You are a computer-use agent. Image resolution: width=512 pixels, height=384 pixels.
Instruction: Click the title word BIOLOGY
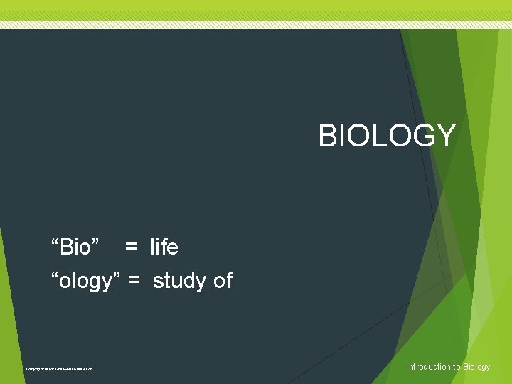tap(387, 135)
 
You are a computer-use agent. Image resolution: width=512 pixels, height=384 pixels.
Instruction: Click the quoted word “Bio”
tap(75, 247)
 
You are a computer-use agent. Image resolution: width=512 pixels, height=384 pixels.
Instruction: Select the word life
tap(164, 247)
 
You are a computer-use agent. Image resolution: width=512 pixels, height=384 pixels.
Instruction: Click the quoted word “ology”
tap(85, 281)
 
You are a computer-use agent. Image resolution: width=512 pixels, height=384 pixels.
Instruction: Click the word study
tap(181, 282)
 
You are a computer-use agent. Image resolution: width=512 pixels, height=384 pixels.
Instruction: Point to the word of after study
tap(223, 281)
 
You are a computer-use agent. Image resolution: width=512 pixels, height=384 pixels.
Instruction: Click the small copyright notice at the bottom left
tap(59, 368)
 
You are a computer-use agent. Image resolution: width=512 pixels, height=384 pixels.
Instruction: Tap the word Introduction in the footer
tap(429, 367)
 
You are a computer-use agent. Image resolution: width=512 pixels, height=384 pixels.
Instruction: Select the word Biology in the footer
tap(476, 367)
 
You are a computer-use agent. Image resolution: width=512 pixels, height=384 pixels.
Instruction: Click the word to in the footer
tap(457, 367)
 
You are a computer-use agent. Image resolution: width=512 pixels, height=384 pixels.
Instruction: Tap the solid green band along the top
tap(256, 9)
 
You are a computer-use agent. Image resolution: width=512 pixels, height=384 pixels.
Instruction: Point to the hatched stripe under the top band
tap(256, 24)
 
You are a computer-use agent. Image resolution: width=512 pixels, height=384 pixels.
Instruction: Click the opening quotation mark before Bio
tap(54, 242)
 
